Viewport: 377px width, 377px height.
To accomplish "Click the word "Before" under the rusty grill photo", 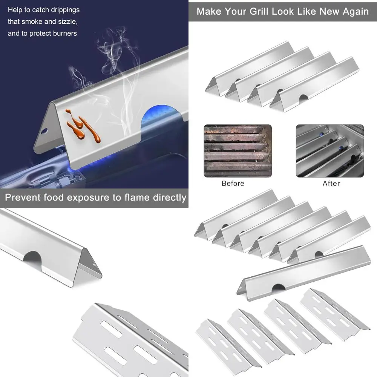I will pyautogui.click(x=233, y=184).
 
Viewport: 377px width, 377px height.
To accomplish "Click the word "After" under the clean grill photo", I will pyautogui.click(x=331, y=184).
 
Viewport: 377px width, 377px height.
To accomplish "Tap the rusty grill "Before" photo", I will pyautogui.click(x=238, y=151).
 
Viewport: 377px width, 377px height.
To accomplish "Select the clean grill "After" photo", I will pyautogui.click(x=330, y=151).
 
